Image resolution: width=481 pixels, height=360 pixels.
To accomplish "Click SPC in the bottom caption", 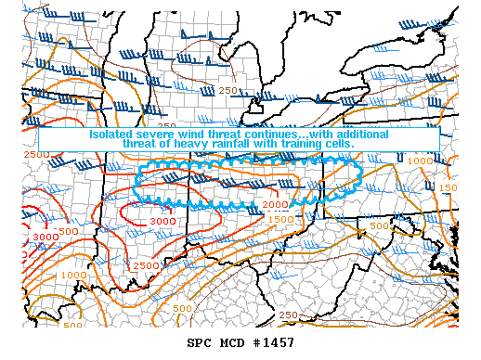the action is point(200,343).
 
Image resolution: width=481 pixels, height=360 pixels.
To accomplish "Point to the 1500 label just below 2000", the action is point(281,218).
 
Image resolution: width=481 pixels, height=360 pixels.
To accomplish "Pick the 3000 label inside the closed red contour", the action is point(162,222).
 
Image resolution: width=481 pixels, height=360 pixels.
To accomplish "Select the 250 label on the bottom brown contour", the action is point(289,315).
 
